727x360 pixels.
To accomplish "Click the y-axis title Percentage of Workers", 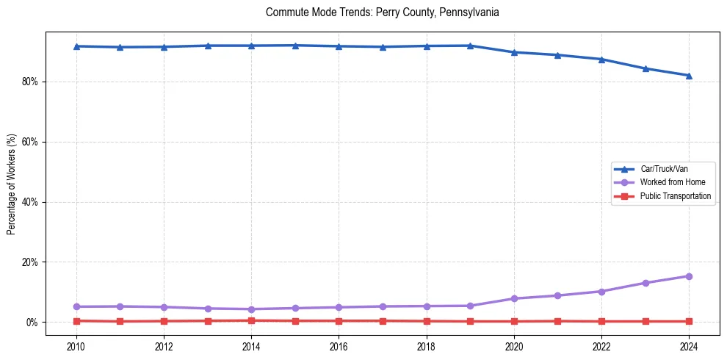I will tap(12, 184).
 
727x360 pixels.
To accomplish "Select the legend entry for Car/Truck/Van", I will tap(664, 169).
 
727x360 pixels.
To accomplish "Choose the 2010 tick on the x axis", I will tap(76, 346).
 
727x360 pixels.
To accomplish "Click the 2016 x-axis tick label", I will tap(339, 346).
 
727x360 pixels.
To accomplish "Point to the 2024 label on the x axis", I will tap(689, 346).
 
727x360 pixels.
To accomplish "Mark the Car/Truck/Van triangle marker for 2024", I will tap(689, 75).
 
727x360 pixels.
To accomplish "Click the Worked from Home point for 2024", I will tap(689, 276).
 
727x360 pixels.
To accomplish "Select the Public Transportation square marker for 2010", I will tap(76, 321).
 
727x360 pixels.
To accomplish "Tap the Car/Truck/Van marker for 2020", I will tap(514, 52).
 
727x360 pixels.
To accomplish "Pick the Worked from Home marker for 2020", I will tap(514, 298).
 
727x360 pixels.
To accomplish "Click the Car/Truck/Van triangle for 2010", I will tap(76, 46).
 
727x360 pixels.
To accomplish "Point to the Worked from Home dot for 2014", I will tap(251, 309).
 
